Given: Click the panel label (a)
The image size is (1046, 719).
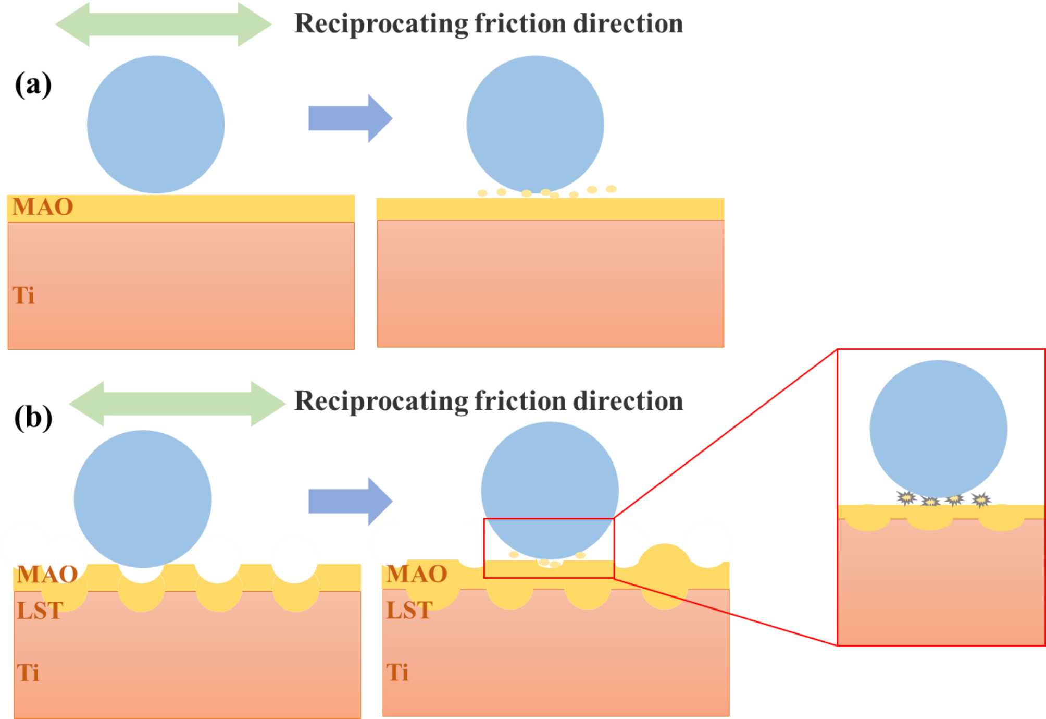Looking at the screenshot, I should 33,84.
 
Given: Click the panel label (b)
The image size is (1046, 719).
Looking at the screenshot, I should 33,417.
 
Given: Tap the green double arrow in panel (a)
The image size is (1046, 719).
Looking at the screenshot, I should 163,24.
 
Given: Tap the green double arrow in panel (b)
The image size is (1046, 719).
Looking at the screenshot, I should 177,403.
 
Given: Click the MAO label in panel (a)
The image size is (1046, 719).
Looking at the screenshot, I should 43,207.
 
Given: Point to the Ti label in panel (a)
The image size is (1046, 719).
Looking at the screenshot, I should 23,295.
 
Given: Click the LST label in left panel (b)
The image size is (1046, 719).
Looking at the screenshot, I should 40,611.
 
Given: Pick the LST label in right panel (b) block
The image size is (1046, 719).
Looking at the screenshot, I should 409,610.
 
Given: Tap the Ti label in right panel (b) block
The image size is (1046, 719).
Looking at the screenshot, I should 397,673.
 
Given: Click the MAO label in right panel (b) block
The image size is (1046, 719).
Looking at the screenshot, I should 417,574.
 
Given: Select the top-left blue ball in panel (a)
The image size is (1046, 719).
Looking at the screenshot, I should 156,125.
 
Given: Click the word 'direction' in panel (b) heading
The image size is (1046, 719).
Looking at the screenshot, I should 628,401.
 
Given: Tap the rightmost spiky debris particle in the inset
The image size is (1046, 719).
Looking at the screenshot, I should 981,499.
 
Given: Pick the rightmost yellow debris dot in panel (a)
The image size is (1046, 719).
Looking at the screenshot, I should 611,189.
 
